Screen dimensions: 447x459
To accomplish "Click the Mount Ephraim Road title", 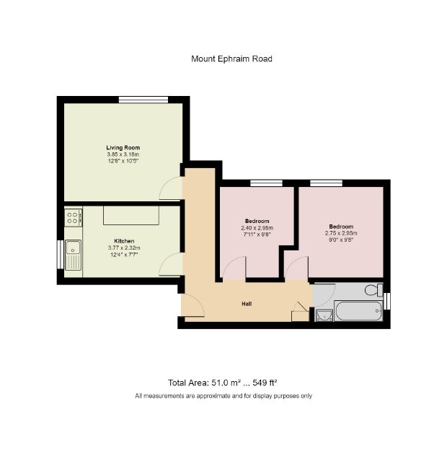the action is [231, 59].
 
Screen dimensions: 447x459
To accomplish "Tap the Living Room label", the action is [123, 147].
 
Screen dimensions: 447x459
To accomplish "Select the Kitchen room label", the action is [124, 241].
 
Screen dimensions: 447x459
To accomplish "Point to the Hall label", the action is [247, 304].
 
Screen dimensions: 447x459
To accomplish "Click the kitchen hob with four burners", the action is [74, 217].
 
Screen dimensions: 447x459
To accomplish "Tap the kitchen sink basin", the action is [73, 248].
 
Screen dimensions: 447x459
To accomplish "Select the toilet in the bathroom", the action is [374, 290].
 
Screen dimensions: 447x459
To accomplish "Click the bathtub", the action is [358, 311].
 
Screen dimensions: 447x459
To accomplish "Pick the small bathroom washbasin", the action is [324, 315].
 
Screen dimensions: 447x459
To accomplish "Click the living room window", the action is [143, 100].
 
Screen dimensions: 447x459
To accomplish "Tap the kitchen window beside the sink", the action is [61, 254].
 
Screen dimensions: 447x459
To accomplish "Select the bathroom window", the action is [387, 301].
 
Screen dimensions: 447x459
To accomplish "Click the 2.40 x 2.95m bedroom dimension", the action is [257, 228].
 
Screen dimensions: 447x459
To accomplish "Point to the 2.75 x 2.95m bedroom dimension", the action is [341, 233].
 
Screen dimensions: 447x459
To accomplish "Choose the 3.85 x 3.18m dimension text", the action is [123, 154].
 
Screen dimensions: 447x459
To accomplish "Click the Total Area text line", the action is [223, 382].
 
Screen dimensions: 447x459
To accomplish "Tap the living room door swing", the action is [171, 188].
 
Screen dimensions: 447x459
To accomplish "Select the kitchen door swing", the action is [171, 264].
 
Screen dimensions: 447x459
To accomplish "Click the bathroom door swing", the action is [324, 295].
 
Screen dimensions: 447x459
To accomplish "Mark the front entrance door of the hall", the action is [192, 305].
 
